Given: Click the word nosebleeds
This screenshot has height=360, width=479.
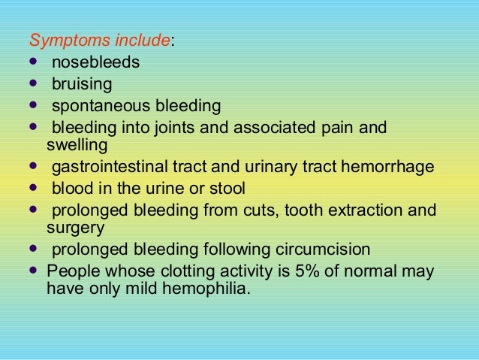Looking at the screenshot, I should click(95, 62).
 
